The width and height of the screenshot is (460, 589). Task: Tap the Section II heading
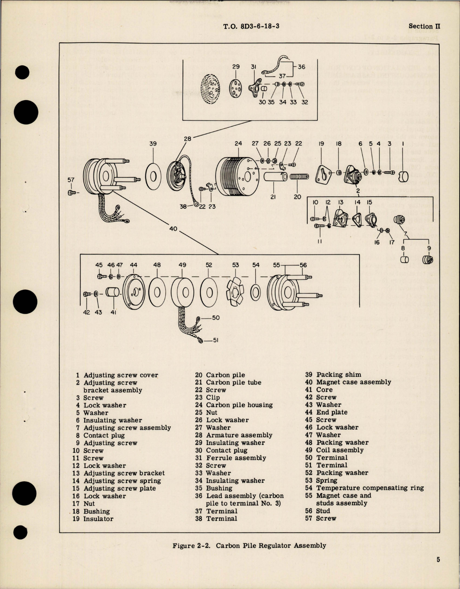click(x=424, y=26)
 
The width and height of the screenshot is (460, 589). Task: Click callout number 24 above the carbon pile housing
click(x=238, y=144)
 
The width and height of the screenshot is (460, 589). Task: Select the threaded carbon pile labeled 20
click(x=299, y=178)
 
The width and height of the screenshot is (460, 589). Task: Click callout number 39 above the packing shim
click(x=153, y=144)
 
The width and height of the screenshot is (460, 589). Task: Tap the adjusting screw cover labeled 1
click(x=403, y=177)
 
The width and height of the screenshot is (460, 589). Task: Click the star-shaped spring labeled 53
click(x=235, y=291)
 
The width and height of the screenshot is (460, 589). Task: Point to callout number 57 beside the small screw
click(x=71, y=180)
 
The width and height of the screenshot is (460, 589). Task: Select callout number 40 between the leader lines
click(x=173, y=229)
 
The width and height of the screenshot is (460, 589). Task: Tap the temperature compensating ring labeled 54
click(x=256, y=292)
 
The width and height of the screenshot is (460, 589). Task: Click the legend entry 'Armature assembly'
click(x=239, y=435)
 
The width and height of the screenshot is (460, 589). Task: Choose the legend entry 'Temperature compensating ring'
click(x=370, y=488)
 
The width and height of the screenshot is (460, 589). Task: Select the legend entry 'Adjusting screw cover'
click(x=120, y=375)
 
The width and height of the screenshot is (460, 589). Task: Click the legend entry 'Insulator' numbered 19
click(x=98, y=519)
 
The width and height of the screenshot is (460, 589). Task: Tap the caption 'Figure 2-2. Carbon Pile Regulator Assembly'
click(x=249, y=546)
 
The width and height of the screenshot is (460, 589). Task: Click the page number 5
click(x=438, y=560)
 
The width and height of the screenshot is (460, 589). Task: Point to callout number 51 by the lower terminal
click(x=216, y=340)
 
